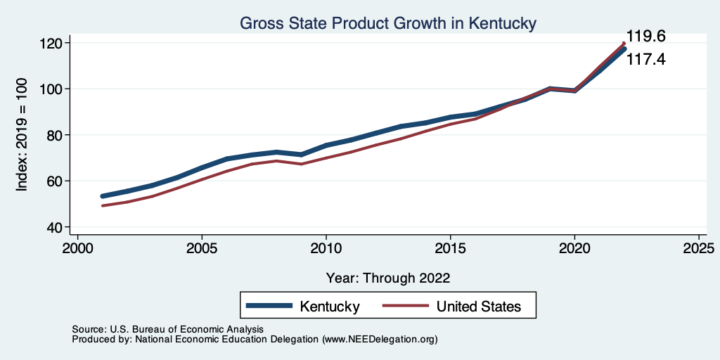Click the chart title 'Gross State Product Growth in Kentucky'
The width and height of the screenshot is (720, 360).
click(x=388, y=23)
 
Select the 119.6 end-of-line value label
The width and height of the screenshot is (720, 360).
click(x=645, y=37)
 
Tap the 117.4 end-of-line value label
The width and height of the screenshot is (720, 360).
click(x=645, y=60)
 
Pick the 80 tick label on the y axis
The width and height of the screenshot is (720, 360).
click(x=56, y=135)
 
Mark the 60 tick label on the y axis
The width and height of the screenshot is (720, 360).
click(x=56, y=181)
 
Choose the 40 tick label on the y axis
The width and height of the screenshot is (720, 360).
click(x=56, y=227)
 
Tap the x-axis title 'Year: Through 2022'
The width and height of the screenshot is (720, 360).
click(x=388, y=277)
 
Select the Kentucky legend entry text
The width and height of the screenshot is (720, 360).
click(x=330, y=306)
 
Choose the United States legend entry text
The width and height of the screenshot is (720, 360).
click(x=479, y=306)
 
